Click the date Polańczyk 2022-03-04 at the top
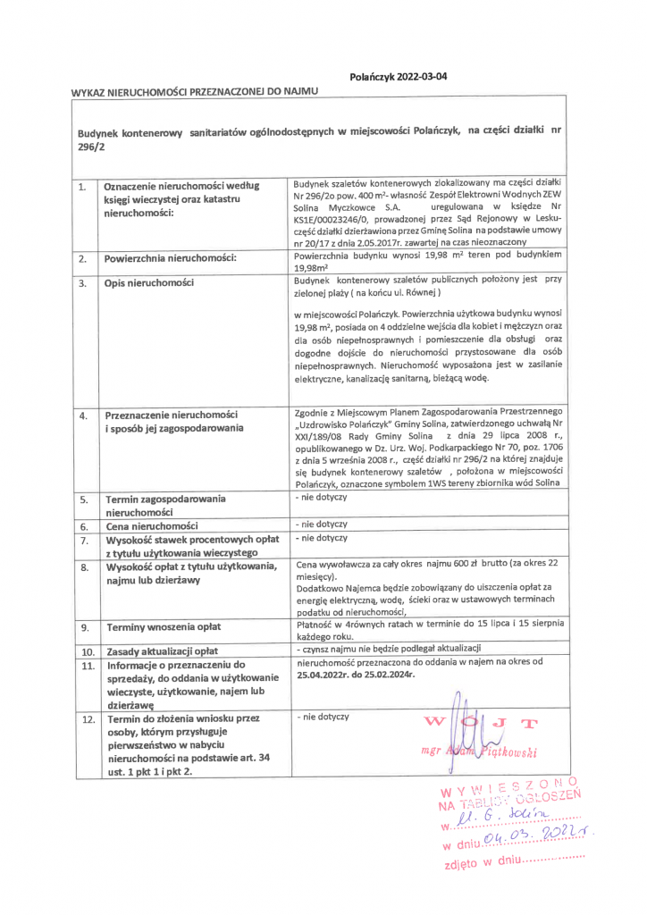(x=399, y=77)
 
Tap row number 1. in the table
(x=81, y=187)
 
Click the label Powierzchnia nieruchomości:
(x=171, y=259)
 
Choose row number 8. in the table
(x=83, y=567)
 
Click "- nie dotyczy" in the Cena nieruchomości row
(x=321, y=524)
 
